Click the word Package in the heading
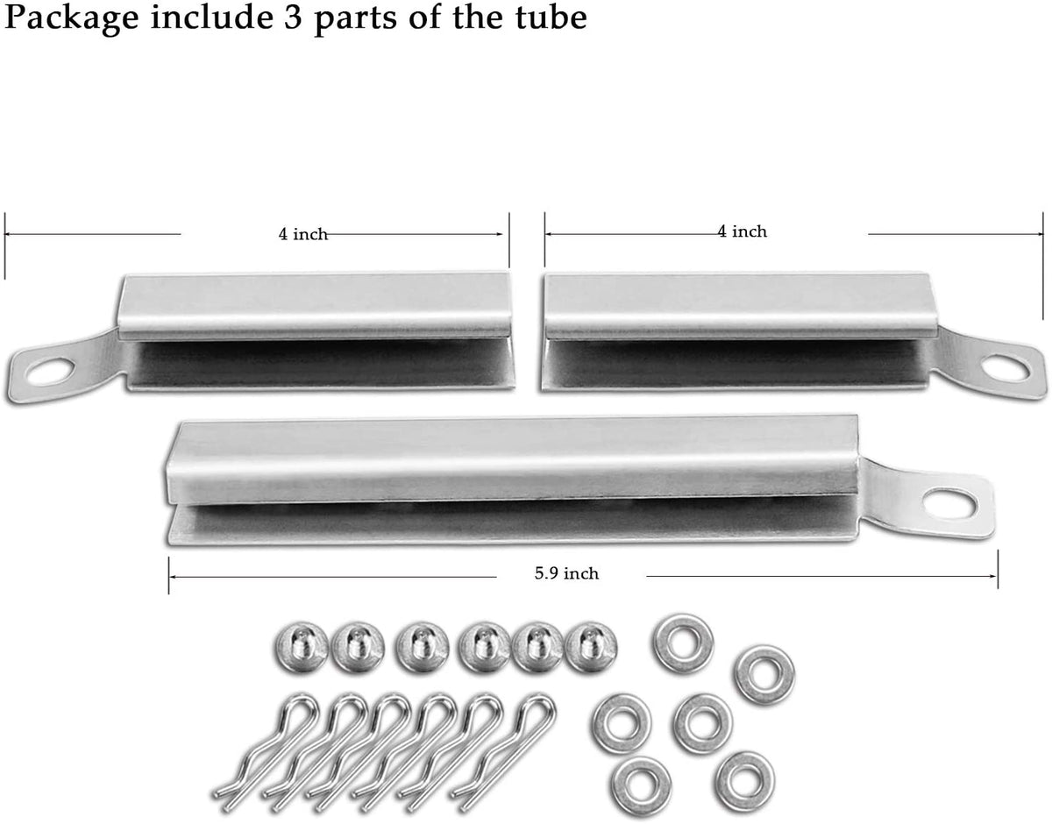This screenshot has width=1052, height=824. pos(66,19)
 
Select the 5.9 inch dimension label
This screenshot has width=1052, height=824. pos(566,574)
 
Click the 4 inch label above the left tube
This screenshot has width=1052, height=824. pos(302,234)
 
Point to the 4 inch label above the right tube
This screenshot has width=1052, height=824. pos(743,231)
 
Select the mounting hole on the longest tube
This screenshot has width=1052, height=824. pos(951,502)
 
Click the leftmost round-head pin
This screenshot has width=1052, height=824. pos(302,647)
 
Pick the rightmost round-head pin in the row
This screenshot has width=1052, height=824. pos(590,647)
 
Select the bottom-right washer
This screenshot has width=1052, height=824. pos(744,778)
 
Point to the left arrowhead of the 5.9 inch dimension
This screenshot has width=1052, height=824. pos(172,577)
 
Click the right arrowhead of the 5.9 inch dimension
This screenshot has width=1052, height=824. pos(994,576)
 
